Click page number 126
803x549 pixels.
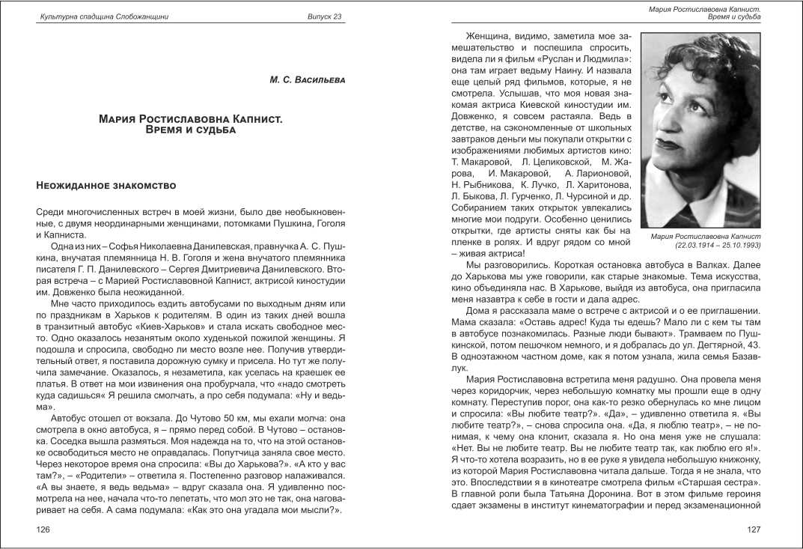(x=43, y=530)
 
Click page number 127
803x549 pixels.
(x=754, y=530)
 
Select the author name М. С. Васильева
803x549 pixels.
(x=307, y=79)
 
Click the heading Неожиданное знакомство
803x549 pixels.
(x=106, y=184)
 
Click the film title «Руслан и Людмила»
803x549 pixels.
(x=581, y=58)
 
